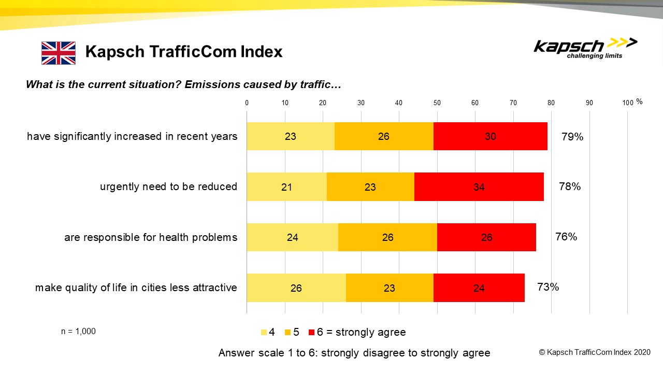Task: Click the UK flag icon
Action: pyautogui.click(x=59, y=53)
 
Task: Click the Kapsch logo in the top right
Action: pyautogui.click(x=585, y=48)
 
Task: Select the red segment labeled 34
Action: pyautogui.click(x=479, y=187)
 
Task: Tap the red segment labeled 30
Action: pyautogui.click(x=490, y=137)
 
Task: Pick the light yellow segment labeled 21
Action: pyautogui.click(x=286, y=187)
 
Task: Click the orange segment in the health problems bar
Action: pyautogui.click(x=387, y=237)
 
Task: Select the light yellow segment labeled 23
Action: pyautogui.click(x=290, y=137)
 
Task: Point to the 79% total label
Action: pyautogui.click(x=572, y=137)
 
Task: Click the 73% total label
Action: pyautogui.click(x=548, y=287)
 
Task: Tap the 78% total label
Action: pyautogui.click(x=570, y=187)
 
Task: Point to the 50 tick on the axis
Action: pyautogui.click(x=437, y=103)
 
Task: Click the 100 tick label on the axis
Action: pyautogui.click(x=628, y=103)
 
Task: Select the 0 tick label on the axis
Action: pyautogui.click(x=247, y=103)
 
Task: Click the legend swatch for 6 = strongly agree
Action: pyautogui.click(x=311, y=332)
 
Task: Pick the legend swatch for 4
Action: pyautogui.click(x=264, y=332)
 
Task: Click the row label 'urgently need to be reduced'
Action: pyautogui.click(x=168, y=187)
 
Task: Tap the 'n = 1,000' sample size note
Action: pyautogui.click(x=78, y=332)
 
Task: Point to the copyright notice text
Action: pyautogui.click(x=594, y=352)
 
